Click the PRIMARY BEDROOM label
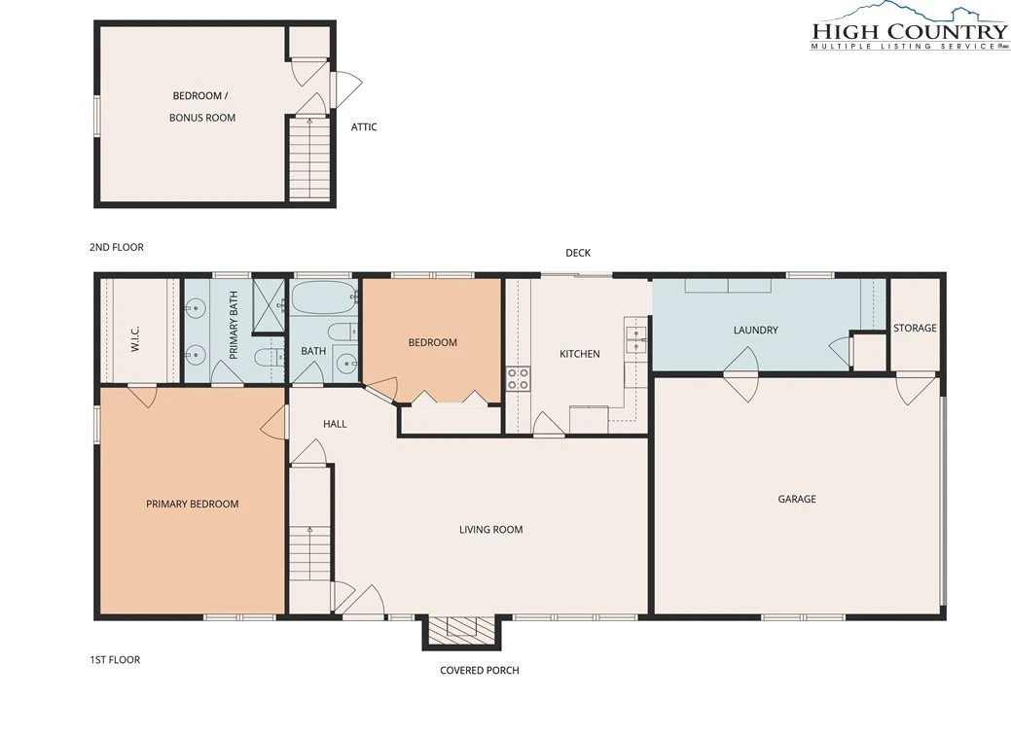coord(192,504)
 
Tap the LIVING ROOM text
coord(490,530)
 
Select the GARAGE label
coord(797,499)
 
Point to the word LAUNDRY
coord(756,330)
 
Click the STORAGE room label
coord(915,328)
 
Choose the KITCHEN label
coord(580,354)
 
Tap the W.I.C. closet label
coord(135,338)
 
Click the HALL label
coord(335,424)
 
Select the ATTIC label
coord(364,127)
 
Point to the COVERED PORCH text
coord(479,670)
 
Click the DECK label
coord(578,253)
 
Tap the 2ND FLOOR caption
coord(117,247)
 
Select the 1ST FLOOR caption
coord(115,660)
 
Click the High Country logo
coord(909,27)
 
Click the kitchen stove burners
coord(518,379)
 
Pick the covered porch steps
coord(460,627)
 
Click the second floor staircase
coord(309,158)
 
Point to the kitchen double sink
coord(636,339)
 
